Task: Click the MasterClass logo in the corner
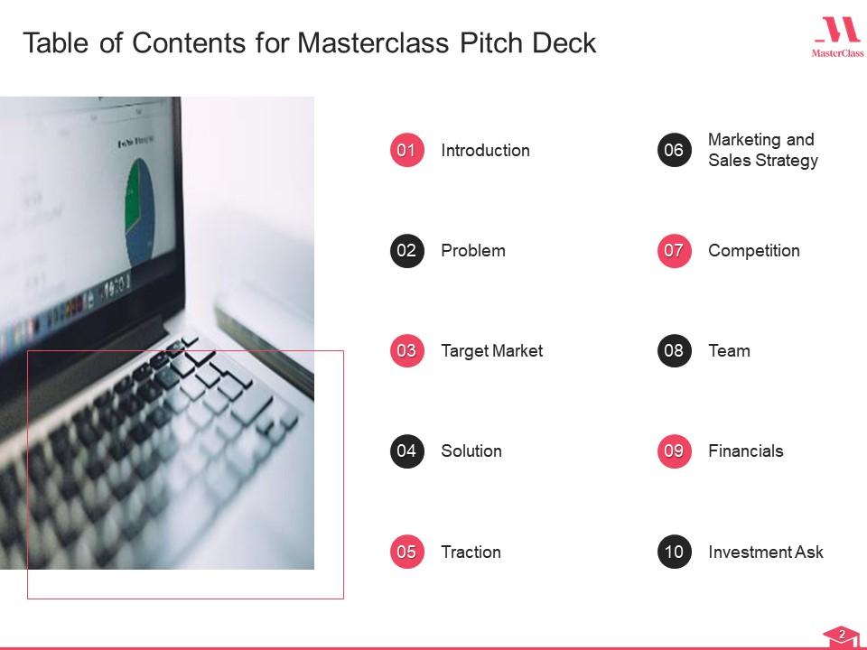coord(837,38)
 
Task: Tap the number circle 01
coord(406,150)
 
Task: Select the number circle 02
coord(406,250)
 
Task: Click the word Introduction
coord(485,151)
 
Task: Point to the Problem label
coord(472,251)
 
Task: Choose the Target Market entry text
coord(491,351)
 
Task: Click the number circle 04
coord(406,450)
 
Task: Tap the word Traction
coord(471,552)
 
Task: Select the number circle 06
coord(674,150)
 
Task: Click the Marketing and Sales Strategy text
coord(762,150)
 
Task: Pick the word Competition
coord(753,251)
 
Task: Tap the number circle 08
coord(674,350)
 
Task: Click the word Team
coord(729,351)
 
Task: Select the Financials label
coord(745,451)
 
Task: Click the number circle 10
coord(674,552)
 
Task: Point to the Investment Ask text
coord(765,552)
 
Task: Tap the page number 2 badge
coord(842,636)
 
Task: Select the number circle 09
coord(674,450)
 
